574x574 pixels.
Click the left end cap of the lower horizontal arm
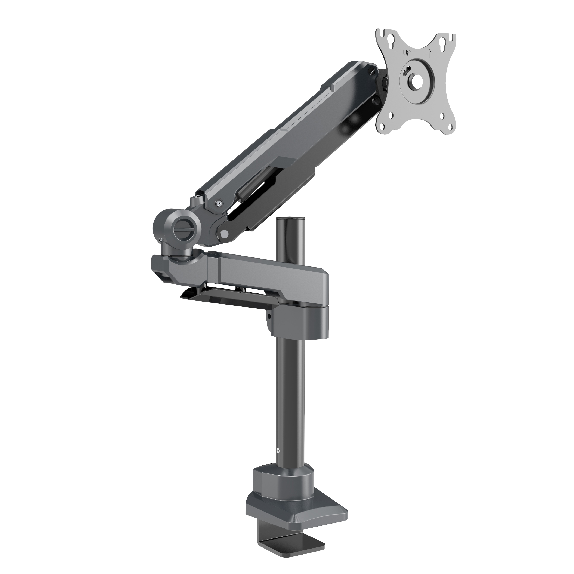tap(160, 267)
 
